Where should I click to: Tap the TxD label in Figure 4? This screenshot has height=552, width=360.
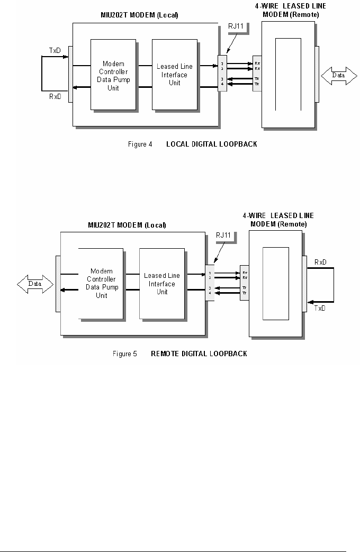point(55,51)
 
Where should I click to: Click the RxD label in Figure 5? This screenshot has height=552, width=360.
point(321,262)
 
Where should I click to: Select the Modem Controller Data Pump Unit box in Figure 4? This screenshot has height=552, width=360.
point(114,74)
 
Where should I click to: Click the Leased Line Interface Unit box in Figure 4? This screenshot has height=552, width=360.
point(174,74)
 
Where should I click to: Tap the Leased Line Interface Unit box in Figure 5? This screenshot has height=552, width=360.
point(162,283)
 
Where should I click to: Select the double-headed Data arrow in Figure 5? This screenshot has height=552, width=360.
point(35,284)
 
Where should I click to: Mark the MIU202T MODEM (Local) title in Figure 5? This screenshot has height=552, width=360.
point(127,225)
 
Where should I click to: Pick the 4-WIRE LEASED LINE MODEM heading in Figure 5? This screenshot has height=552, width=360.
point(277,220)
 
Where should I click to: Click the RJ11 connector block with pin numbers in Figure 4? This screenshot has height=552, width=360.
point(222,74)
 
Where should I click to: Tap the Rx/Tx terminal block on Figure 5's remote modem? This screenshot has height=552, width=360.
point(244,283)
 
